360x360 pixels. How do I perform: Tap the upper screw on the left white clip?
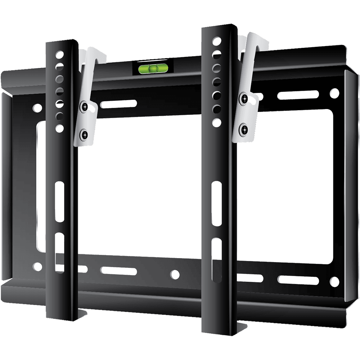[x=84, y=106]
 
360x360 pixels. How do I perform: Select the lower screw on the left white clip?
[x=85, y=135]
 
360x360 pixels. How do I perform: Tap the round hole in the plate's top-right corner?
[x=334, y=93]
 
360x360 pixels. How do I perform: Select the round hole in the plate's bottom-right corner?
[x=334, y=280]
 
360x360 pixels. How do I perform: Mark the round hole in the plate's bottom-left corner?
[x=37, y=267]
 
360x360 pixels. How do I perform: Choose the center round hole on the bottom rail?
[x=175, y=274]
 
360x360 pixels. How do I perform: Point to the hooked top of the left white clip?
[x=94, y=54]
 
